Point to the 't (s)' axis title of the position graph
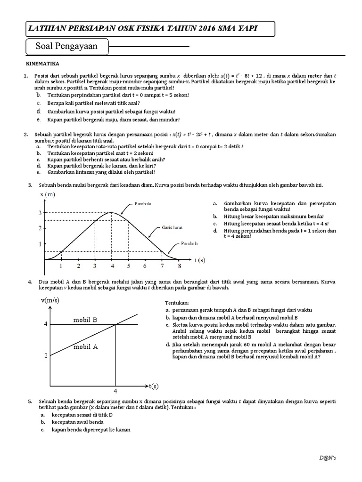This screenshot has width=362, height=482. [x=200, y=259]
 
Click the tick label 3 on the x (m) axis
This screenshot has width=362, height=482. [x=40, y=213]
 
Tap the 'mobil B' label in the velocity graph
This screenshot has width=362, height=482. [x=85, y=320]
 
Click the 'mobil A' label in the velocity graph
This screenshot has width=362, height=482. [x=85, y=347]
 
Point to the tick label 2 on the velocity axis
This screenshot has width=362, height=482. [x=46, y=356]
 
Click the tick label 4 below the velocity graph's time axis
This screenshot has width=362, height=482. [x=115, y=391]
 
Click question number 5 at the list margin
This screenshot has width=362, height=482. [x=30, y=401]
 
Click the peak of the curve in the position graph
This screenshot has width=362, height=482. [x=111, y=213]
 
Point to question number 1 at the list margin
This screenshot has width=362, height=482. [x=26, y=75]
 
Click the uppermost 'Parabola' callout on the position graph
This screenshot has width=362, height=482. [x=142, y=204]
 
